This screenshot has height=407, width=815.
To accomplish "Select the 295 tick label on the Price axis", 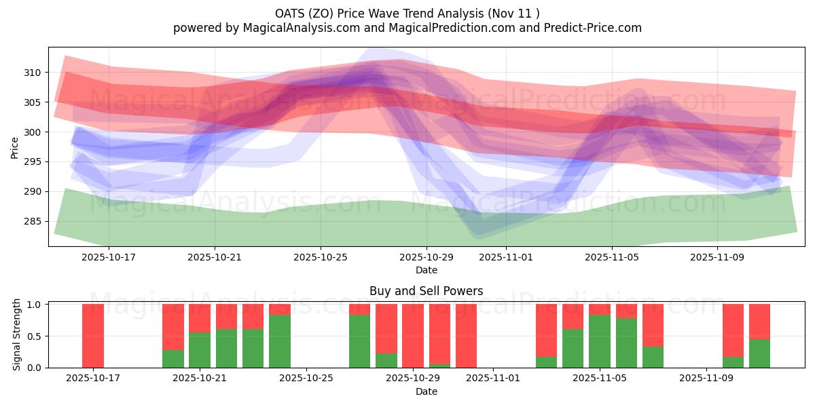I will pyautogui.click(x=33, y=162).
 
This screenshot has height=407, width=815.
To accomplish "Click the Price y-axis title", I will pyautogui.click(x=14, y=147).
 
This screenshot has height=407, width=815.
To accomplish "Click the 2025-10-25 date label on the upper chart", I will pyautogui.click(x=321, y=257).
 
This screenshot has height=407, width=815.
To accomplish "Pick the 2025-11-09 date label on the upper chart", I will pyautogui.click(x=718, y=257).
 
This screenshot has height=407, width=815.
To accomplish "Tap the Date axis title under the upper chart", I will pyautogui.click(x=427, y=270).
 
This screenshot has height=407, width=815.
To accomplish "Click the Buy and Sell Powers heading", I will pyautogui.click(x=427, y=291).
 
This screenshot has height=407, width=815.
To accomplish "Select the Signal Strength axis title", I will pyautogui.click(x=18, y=336).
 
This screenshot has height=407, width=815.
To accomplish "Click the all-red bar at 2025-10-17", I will pyautogui.click(x=93, y=336).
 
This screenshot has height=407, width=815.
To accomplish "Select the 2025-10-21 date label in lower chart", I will pyautogui.click(x=200, y=379).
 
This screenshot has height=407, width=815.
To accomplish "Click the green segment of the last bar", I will pyautogui.click(x=759, y=353).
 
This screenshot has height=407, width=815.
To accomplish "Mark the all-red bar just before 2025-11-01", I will pyautogui.click(x=466, y=336).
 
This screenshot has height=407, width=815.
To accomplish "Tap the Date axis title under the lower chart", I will pyautogui.click(x=427, y=391).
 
